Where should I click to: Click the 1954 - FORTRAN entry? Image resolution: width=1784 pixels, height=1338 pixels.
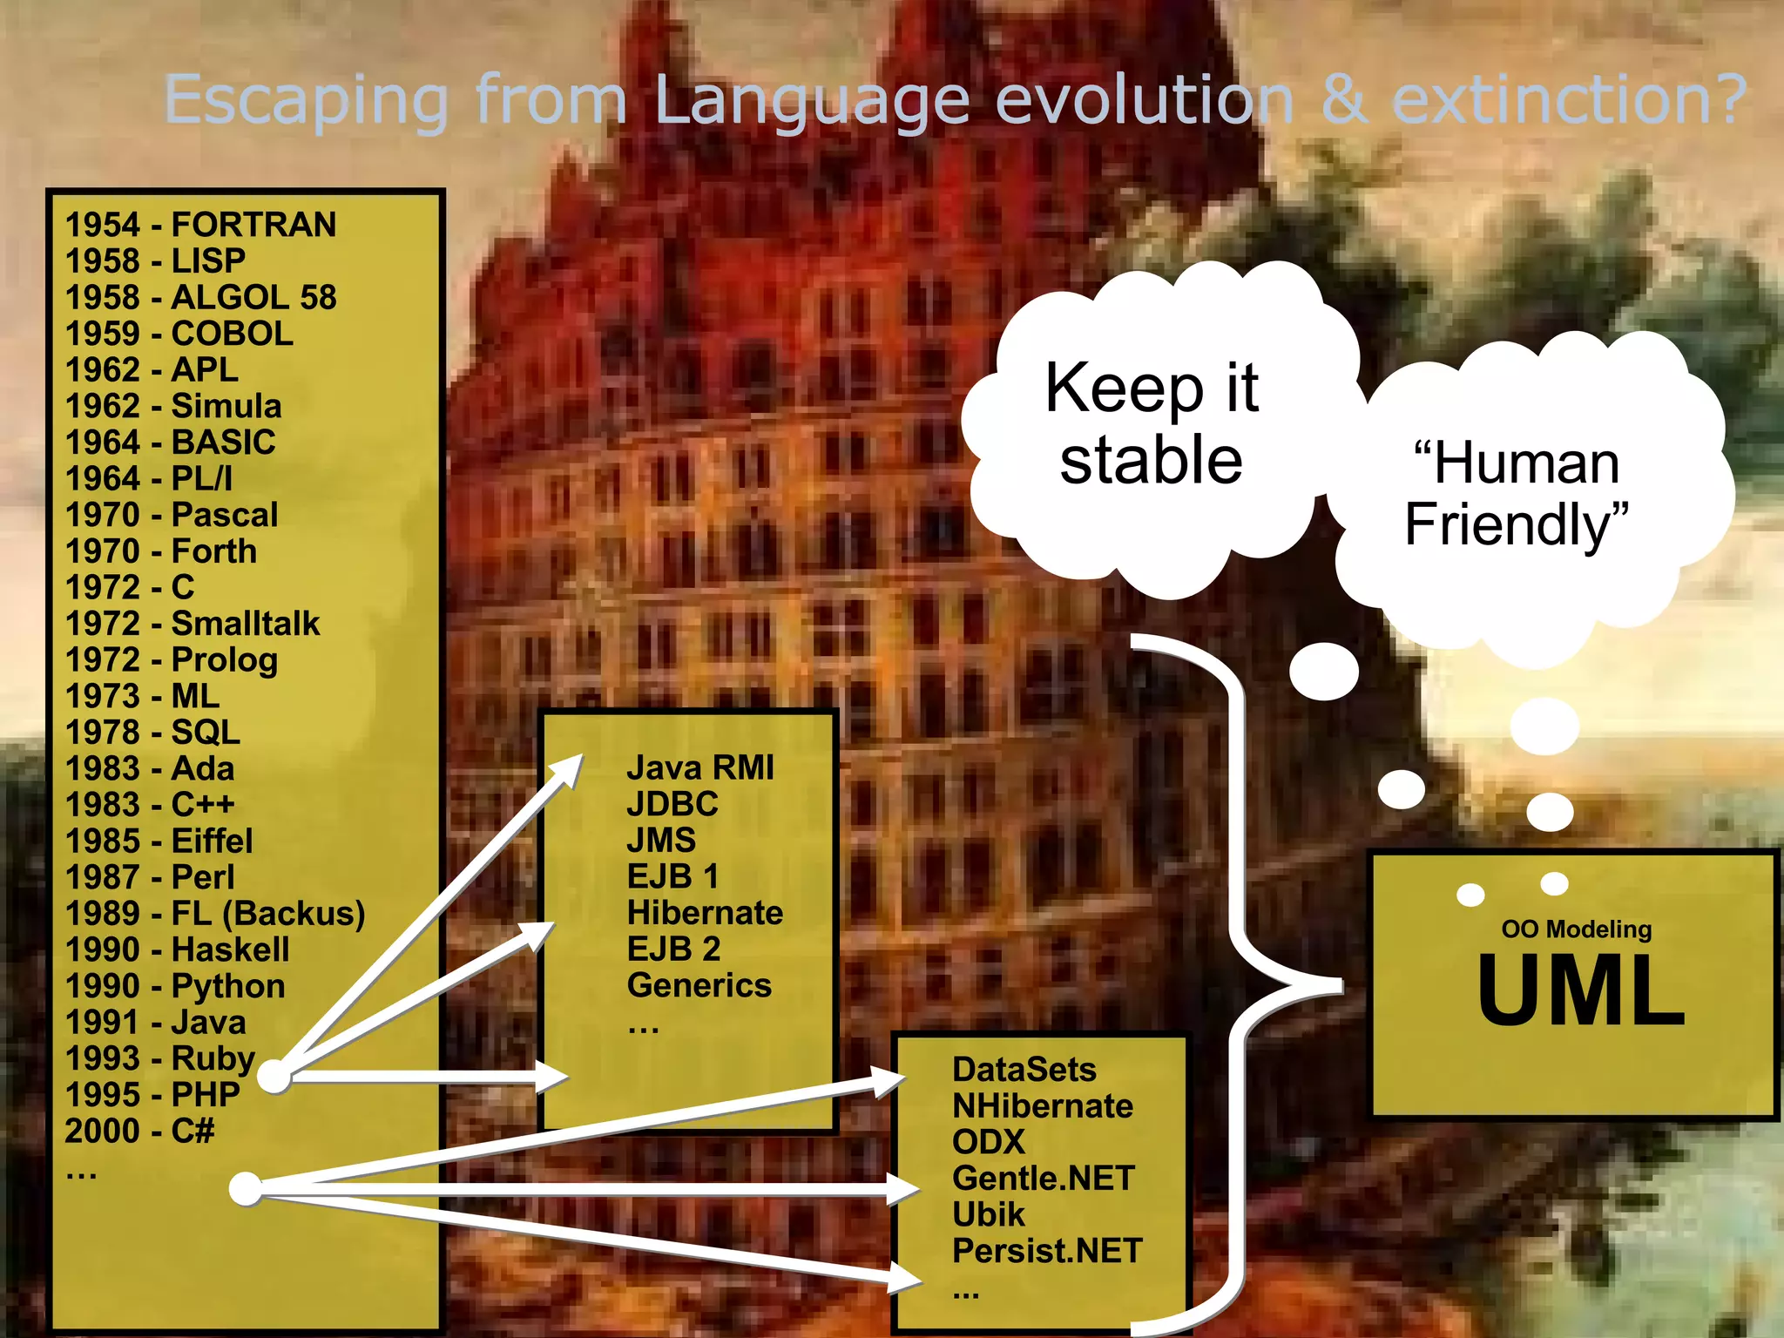pyautogui.click(x=200, y=225)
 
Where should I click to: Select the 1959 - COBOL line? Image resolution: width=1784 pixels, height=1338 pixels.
pyautogui.click(x=179, y=334)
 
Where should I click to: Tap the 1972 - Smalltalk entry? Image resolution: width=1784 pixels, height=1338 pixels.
pyautogui.click(x=193, y=624)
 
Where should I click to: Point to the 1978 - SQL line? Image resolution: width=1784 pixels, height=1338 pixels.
pyautogui.click(x=152, y=733)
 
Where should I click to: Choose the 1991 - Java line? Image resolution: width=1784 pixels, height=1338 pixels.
pyautogui.click(x=156, y=1022)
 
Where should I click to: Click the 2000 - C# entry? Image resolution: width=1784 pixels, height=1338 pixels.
pyautogui.click(x=139, y=1131)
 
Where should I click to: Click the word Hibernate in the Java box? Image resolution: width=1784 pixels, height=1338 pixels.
pyautogui.click(x=705, y=913)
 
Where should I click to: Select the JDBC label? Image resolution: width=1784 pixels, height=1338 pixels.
pyautogui.click(x=672, y=804)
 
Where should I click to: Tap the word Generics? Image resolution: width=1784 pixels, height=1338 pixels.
pyautogui.click(x=699, y=985)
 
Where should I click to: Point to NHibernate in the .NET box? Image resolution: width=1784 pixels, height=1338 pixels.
pyautogui.click(x=1043, y=1106)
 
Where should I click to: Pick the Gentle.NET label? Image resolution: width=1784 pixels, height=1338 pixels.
pyautogui.click(x=1043, y=1179)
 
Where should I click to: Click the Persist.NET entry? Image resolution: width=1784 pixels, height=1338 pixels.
pyautogui.click(x=1046, y=1251)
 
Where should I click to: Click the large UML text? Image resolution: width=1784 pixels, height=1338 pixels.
pyautogui.click(x=1580, y=990)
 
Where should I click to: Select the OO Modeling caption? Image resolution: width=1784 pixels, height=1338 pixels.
pyautogui.click(x=1576, y=929)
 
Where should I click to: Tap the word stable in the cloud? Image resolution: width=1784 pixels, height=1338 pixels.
pyautogui.click(x=1151, y=461)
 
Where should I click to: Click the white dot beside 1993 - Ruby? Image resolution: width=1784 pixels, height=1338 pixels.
pyautogui.click(x=274, y=1077)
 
